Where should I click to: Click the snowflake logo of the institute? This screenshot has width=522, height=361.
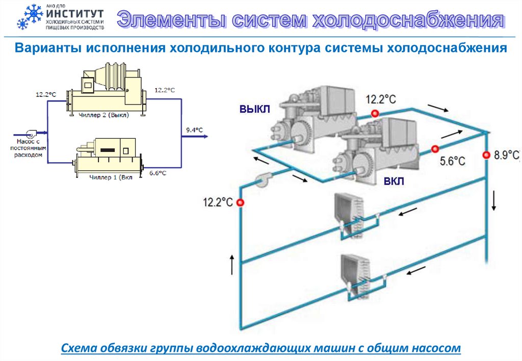tap(30, 17)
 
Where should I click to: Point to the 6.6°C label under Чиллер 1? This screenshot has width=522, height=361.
tap(158, 173)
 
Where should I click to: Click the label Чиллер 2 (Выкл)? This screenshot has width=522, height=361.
tap(104, 115)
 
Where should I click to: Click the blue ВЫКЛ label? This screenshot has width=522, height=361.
tap(254, 108)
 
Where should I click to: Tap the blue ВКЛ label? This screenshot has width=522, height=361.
tap(395, 182)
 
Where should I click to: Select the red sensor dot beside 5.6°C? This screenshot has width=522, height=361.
tap(434, 149)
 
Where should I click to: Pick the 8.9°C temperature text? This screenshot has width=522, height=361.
tap(506, 155)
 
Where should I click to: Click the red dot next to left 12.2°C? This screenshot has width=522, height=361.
tap(241, 202)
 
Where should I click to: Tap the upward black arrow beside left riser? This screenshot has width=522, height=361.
tap(232, 265)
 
